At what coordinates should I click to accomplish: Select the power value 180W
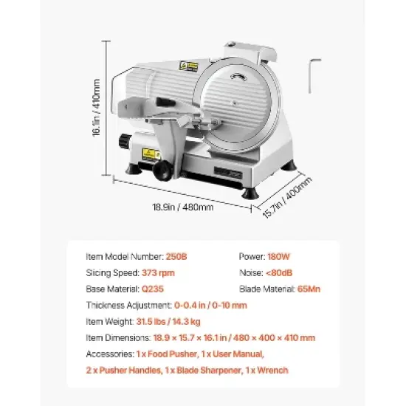click(280, 258)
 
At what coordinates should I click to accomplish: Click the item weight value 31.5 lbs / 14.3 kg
click(174, 321)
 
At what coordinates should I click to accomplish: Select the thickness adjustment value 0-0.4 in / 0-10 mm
click(210, 305)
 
